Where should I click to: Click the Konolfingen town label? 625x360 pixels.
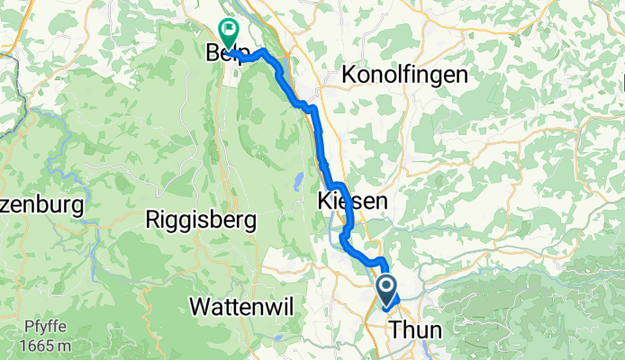coord(405,76)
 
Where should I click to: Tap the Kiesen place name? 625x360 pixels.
coord(352,202)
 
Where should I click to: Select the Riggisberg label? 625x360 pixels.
coord(201,220)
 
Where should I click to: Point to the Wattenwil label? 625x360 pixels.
coord(241,306)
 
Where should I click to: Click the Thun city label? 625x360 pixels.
coord(415,330)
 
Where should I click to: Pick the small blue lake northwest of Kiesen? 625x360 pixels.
coord(297,183)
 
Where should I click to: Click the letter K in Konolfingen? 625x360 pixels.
coord(349,76)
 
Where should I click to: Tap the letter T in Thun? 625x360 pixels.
coord(395,330)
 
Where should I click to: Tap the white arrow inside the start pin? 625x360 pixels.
coord(387,288)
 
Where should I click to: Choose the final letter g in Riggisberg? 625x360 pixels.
coord(249,221)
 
